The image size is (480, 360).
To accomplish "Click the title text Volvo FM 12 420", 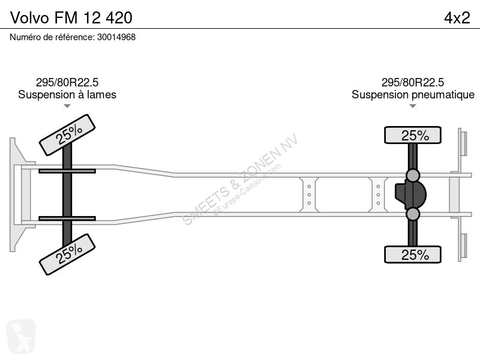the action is click(71, 18).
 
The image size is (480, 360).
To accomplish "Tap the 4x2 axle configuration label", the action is click(457, 18).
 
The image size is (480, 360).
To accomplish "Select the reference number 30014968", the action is click(116, 37).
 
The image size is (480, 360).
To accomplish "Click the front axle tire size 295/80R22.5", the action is click(67, 82).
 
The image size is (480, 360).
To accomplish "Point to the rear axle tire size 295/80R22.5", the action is click(413, 82).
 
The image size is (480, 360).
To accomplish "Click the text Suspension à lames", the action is click(67, 95).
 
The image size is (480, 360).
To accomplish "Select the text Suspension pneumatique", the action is click(413, 95).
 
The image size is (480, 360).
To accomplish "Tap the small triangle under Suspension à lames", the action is click(67, 106).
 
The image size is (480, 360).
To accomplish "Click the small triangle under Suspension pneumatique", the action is click(413, 106).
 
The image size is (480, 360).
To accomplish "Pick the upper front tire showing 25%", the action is click(67, 134).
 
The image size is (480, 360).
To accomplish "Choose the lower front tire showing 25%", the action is click(67, 254).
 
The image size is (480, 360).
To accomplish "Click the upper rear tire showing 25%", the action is click(413, 135).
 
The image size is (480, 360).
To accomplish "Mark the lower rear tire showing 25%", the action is click(413, 254).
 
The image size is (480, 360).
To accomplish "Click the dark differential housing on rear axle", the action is click(410, 194).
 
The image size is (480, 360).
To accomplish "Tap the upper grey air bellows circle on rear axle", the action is click(413, 175).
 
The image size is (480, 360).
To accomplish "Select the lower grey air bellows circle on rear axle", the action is click(413, 214).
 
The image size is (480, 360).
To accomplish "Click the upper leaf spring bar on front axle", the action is click(67, 171).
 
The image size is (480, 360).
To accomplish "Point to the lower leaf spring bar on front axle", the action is click(67, 218).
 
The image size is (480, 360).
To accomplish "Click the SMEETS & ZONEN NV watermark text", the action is click(240, 179).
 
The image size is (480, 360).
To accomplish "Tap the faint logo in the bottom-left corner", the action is click(21, 336).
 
